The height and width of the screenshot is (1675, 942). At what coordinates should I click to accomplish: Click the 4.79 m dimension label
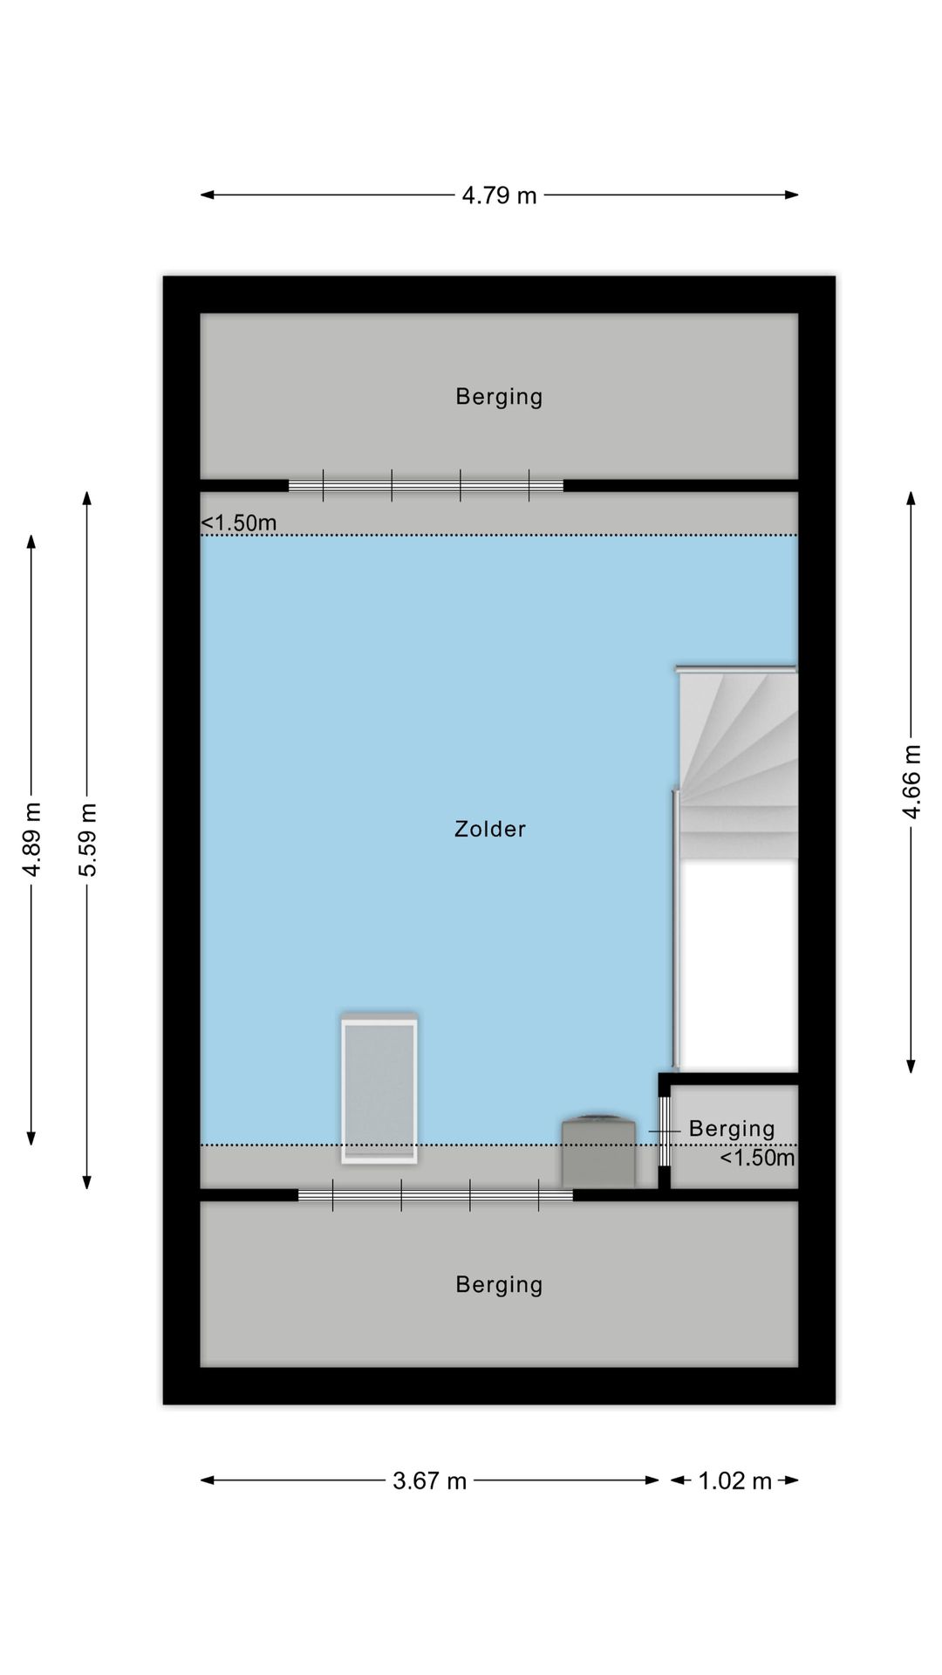[499, 195]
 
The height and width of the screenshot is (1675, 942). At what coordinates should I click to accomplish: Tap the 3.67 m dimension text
[429, 1480]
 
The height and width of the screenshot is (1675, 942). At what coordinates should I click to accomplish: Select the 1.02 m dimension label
[734, 1480]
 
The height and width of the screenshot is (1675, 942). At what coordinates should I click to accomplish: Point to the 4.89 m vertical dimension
[32, 838]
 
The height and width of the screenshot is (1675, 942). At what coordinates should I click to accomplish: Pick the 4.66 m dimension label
[911, 782]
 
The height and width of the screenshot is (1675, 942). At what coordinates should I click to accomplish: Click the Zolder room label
[490, 829]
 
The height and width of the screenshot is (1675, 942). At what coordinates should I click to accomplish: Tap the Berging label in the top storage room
[499, 397]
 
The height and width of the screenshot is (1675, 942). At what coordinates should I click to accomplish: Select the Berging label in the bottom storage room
[499, 1284]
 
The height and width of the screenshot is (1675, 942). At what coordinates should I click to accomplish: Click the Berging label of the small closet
[732, 1129]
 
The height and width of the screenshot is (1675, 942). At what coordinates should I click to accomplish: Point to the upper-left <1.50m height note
[239, 523]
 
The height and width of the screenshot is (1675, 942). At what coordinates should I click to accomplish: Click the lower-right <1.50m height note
[757, 1158]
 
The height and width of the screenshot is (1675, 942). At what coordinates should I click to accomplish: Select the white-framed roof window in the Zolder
[379, 1088]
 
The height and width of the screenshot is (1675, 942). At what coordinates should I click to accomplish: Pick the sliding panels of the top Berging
[426, 485]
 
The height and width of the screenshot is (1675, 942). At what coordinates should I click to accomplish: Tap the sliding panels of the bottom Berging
[435, 1195]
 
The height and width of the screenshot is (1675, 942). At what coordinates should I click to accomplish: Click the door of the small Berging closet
[664, 1131]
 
